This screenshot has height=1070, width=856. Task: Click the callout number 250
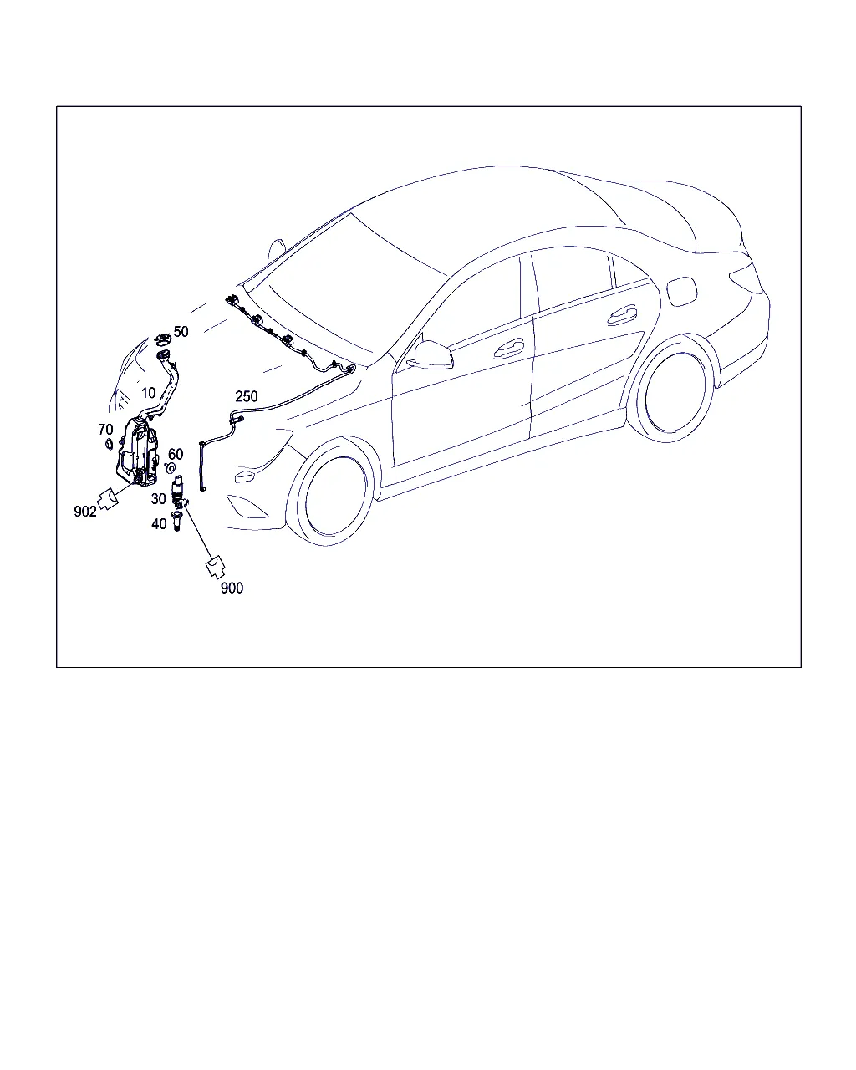pyautogui.click(x=247, y=397)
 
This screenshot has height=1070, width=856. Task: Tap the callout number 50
pyautogui.click(x=181, y=332)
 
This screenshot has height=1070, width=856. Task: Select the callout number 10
pyautogui.click(x=149, y=393)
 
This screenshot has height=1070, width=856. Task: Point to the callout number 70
pyautogui.click(x=105, y=429)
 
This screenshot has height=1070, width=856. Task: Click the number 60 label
pyautogui.click(x=176, y=454)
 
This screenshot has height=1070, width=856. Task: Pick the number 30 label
pyautogui.click(x=159, y=499)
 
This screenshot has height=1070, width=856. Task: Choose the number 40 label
pyautogui.click(x=159, y=523)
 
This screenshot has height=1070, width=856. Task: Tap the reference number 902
pyautogui.click(x=85, y=511)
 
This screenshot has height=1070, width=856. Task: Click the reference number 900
pyautogui.click(x=232, y=588)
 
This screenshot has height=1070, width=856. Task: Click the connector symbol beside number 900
pyautogui.click(x=216, y=568)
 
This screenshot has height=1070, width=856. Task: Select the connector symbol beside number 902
pyautogui.click(x=108, y=499)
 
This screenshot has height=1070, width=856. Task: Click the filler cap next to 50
pyautogui.click(x=163, y=339)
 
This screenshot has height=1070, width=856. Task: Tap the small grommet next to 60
pyautogui.click(x=171, y=468)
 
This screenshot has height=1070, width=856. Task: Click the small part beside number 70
pyautogui.click(x=108, y=444)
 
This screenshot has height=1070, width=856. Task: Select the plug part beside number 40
pyautogui.click(x=176, y=521)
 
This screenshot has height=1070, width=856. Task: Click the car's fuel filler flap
pyautogui.click(x=681, y=293)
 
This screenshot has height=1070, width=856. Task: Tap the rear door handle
pyautogui.click(x=622, y=315)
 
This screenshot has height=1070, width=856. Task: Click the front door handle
pyautogui.click(x=508, y=349)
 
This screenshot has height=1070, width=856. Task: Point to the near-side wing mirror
pyautogui.click(x=431, y=354)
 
